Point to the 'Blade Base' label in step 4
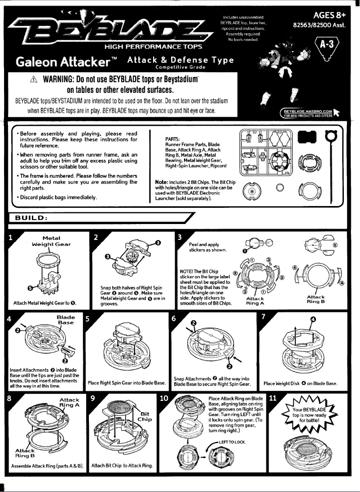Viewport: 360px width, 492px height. [x=66, y=320]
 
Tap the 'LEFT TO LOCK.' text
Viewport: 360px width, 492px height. [x=234, y=442]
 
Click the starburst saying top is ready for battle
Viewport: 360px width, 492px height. [x=307, y=415]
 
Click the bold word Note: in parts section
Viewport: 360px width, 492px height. [x=162, y=181]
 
